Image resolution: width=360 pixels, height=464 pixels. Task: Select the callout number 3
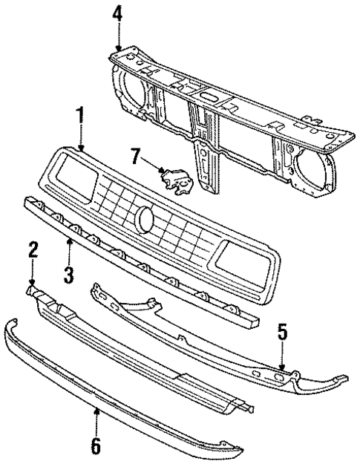tap(69, 276)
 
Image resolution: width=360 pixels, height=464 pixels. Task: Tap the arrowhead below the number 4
tap(117, 47)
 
